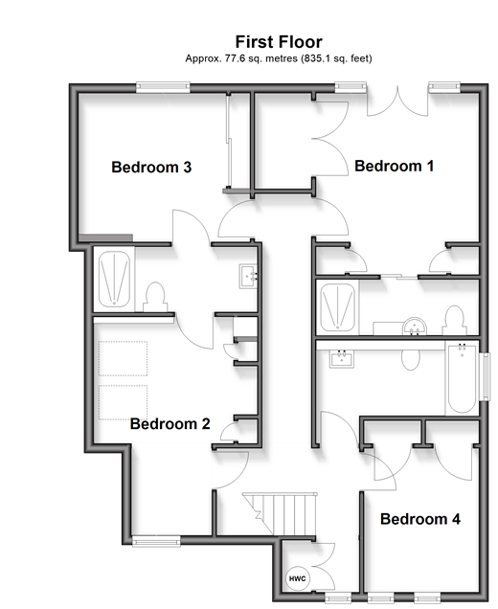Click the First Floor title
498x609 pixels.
(279, 42)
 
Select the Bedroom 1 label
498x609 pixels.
(394, 167)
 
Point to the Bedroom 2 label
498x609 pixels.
(170, 424)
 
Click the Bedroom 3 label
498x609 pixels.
(151, 167)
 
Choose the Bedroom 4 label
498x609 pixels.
(420, 519)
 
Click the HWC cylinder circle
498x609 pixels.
(297, 578)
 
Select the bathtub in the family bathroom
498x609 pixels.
(462, 378)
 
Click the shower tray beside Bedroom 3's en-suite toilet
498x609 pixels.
(114, 279)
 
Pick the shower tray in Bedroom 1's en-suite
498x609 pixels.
(337, 306)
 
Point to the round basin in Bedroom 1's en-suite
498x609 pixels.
(415, 327)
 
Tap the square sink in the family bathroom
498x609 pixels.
(342, 358)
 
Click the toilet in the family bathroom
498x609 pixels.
(410, 360)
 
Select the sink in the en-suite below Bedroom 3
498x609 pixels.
(248, 276)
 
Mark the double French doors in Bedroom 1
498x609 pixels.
(397, 101)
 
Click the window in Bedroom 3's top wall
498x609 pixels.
(163, 87)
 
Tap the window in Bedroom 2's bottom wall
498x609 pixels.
(156, 541)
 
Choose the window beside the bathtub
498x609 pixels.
(485, 376)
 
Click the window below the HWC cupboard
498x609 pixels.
(338, 598)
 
